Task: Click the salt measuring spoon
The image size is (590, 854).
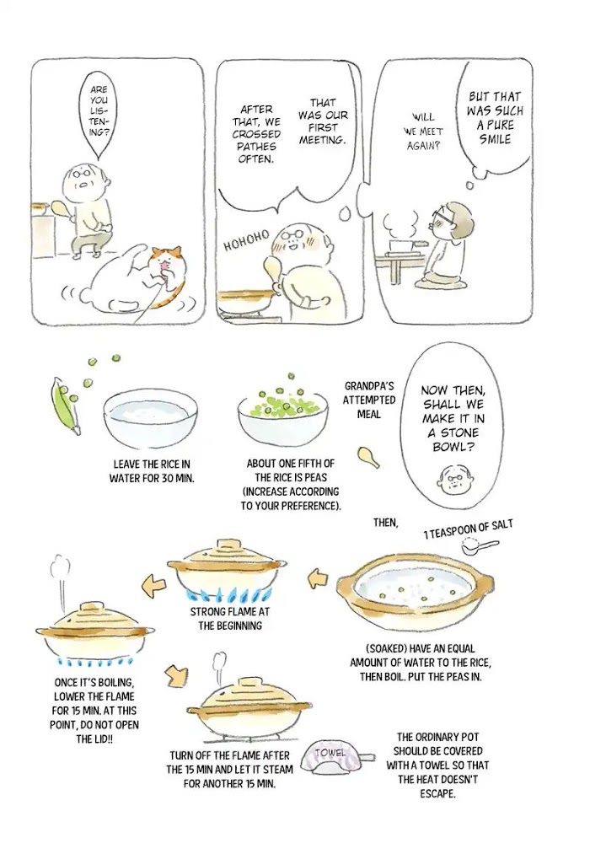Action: tap(479, 545)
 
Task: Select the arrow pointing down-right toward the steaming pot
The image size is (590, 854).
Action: tap(176, 675)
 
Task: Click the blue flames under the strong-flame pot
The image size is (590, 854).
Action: tap(228, 594)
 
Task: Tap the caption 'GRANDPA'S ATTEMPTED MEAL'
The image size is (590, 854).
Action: tap(369, 400)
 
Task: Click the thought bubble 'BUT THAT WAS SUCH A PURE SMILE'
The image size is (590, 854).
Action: tap(494, 118)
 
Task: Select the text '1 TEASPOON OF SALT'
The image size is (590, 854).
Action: tap(468, 529)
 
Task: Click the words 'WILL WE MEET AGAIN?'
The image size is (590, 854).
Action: tap(423, 132)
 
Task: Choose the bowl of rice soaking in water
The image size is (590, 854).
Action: tap(150, 418)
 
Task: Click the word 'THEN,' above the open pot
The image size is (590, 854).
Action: tap(385, 523)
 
